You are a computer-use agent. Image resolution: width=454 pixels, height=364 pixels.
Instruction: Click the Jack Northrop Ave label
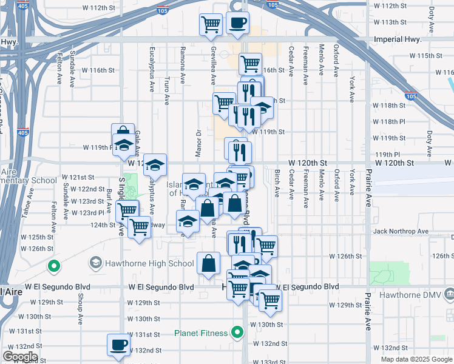pyautogui.click(x=397, y=231)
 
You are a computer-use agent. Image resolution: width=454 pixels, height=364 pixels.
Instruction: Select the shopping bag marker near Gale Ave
pyautogui.click(x=123, y=133)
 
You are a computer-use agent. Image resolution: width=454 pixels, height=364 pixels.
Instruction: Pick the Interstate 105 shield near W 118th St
pyautogui.click(x=411, y=96)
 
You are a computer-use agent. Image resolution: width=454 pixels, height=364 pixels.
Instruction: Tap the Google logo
pyautogui.click(x=19, y=356)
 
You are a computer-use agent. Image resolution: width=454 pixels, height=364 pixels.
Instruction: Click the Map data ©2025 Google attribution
pyautogui.click(x=416, y=359)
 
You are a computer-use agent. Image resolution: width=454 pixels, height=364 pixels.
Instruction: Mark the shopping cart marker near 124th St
pyautogui.click(x=140, y=228)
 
